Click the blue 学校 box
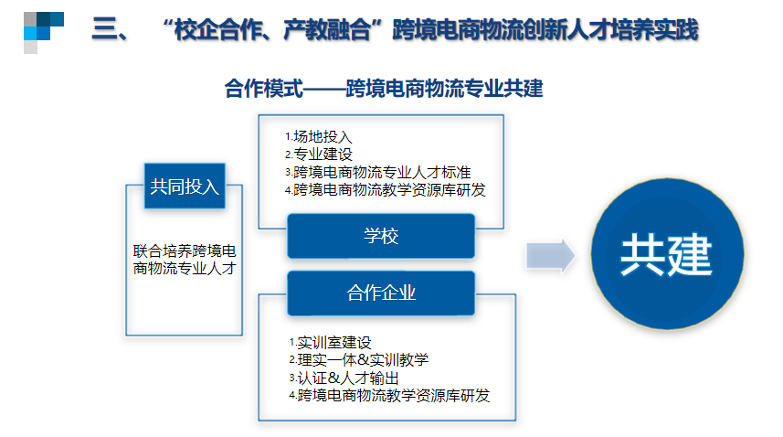[380, 236]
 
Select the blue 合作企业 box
[380, 293]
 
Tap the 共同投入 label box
[185, 187]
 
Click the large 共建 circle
[667, 254]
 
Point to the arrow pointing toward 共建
[550, 256]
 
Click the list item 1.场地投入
[319, 136]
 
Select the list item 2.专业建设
[319, 155]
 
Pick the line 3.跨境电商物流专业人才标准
[378, 172]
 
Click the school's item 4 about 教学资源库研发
[385, 190]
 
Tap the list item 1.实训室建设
[330, 343]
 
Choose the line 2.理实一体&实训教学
[358, 360]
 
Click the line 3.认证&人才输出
[344, 378]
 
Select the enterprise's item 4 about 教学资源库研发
[389, 396]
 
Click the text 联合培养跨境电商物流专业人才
[185, 260]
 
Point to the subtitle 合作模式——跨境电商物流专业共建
[384, 89]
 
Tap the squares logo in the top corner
[44, 33]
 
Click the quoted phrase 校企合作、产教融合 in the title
[272, 30]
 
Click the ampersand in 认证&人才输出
[334, 378]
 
